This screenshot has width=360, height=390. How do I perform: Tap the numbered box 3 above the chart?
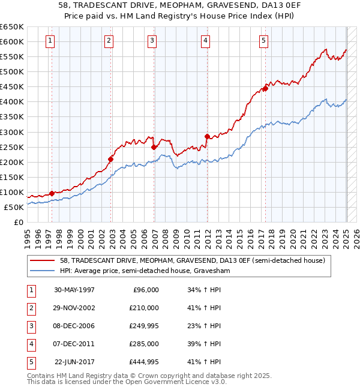(152, 41)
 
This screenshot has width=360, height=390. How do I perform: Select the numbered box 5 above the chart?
(264, 41)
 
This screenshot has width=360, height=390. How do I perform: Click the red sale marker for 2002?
(111, 159)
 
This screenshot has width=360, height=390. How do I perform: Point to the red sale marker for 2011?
(207, 136)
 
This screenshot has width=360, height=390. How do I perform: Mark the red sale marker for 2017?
(265, 88)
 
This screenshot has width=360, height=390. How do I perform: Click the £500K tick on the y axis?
(11, 71)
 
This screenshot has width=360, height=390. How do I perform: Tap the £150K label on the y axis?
(11, 177)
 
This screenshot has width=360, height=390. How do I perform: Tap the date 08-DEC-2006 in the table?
(74, 326)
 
